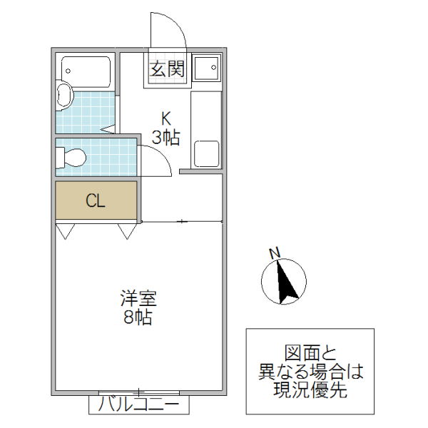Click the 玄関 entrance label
(168, 69)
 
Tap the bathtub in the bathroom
(86, 71)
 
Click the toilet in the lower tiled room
(73, 156)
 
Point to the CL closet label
(96, 200)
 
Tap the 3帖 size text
(165, 137)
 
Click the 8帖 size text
(138, 317)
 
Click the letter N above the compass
(274, 253)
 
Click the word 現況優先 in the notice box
(310, 389)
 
